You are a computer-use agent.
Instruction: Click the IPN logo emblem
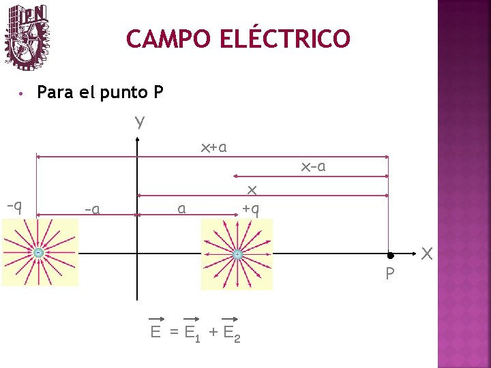[x=27, y=37]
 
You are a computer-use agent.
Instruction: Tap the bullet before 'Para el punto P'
[x=22, y=93]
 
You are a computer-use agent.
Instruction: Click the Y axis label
[x=139, y=123]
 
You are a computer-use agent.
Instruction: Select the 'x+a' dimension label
[x=213, y=147]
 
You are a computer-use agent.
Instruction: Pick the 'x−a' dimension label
[x=313, y=166]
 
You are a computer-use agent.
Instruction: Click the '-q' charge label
[x=14, y=205]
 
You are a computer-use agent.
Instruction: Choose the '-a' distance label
[x=92, y=209]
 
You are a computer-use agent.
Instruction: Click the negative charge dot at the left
[x=39, y=254]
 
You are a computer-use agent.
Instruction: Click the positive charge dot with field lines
[x=236, y=255]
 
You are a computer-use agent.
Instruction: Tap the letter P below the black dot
[x=389, y=275]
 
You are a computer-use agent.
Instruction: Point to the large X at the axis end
[x=427, y=254]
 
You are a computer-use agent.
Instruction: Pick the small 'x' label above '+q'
[x=251, y=189]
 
